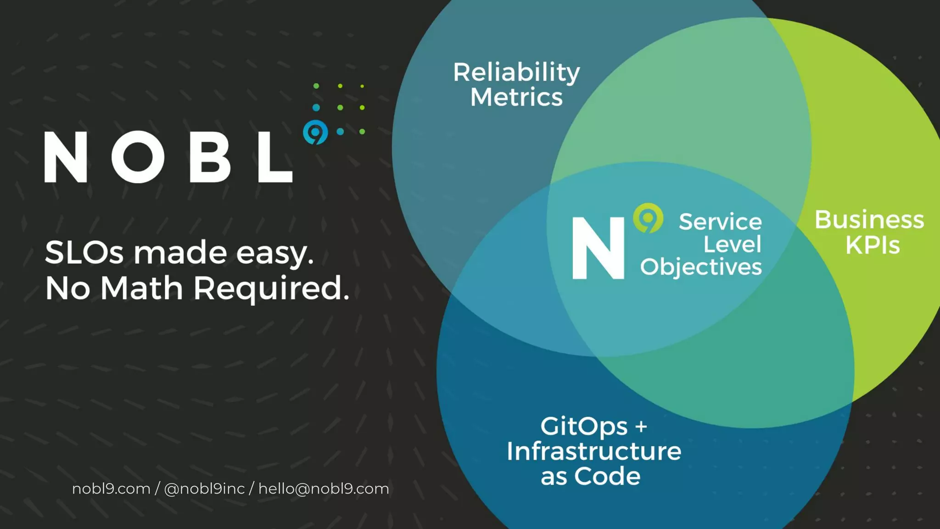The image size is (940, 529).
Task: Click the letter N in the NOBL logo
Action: click(x=66, y=157)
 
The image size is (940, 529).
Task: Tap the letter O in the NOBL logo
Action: click(x=138, y=157)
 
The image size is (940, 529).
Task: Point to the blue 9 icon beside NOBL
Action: click(x=315, y=132)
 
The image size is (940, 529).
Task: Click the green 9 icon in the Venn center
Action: click(x=648, y=218)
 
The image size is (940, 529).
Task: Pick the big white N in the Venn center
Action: click(x=598, y=248)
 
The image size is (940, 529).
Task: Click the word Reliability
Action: click(x=516, y=73)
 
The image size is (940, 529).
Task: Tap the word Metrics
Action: click(x=516, y=97)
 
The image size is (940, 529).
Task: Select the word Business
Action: click(x=869, y=219)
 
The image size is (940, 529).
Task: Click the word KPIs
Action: click(x=873, y=245)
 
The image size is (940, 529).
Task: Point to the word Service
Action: click(x=720, y=222)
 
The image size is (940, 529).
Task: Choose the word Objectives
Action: click(x=701, y=267)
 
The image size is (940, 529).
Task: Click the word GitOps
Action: click(x=584, y=427)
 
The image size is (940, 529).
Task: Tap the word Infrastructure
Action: click(x=594, y=451)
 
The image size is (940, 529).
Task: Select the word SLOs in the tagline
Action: click(x=84, y=253)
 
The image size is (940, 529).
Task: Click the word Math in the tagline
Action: click(x=142, y=288)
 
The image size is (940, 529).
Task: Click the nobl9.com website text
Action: click(x=111, y=489)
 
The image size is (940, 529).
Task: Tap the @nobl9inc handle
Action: click(x=204, y=489)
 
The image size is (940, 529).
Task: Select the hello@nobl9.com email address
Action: click(x=324, y=489)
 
